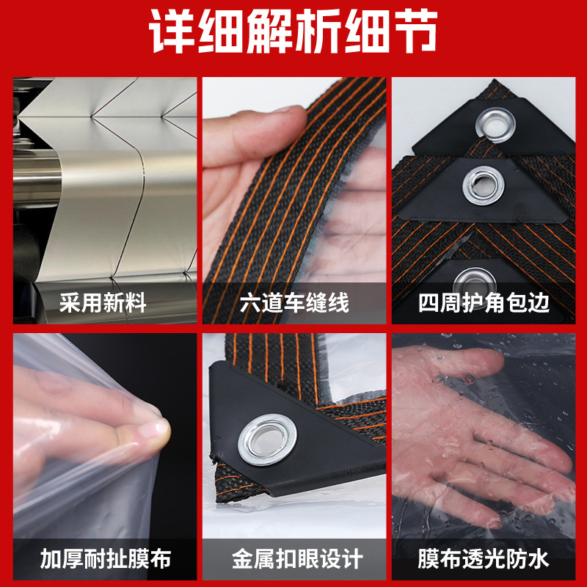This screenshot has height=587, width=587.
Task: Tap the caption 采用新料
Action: (x=103, y=303)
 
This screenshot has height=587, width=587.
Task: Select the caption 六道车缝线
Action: (x=293, y=303)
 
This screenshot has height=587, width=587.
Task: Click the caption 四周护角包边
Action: (x=484, y=303)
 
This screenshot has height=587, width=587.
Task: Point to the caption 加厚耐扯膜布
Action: (x=103, y=560)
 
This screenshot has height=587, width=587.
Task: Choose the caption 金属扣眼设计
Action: (x=293, y=560)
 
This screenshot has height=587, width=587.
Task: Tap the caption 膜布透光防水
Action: (x=484, y=560)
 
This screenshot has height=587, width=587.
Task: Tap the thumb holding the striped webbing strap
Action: (x=275, y=121)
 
